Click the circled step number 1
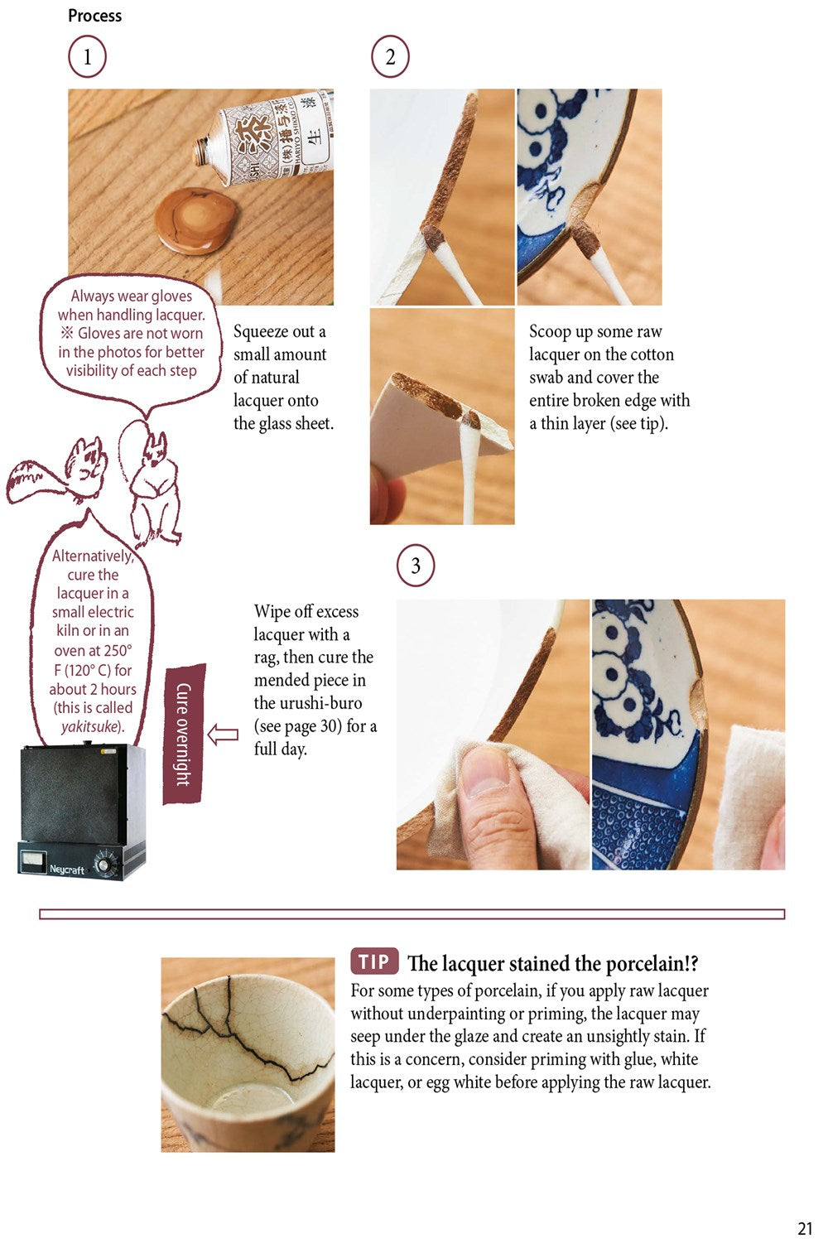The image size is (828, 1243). (x=87, y=57)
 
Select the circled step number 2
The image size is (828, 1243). (x=390, y=57)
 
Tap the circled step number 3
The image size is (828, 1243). (x=415, y=566)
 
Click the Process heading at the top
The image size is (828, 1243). (x=94, y=16)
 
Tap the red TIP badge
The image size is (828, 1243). (x=374, y=961)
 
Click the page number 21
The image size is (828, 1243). (x=805, y=1228)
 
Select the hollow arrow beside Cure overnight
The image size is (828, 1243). (x=223, y=734)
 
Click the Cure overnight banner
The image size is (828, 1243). (x=184, y=734)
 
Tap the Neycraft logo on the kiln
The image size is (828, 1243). (x=67, y=869)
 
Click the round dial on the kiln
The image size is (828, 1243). (x=103, y=865)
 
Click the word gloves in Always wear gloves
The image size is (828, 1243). (x=171, y=296)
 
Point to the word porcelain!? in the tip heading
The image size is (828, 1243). (x=652, y=963)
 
